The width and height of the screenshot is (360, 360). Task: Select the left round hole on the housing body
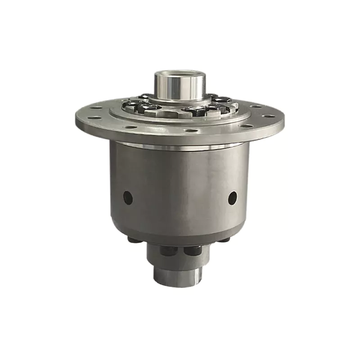pos(128,198)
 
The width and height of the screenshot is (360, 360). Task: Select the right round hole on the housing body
pos(232,198)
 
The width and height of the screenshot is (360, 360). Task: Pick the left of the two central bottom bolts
pos(170,251)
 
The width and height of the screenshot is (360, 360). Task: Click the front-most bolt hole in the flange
pos(192,131)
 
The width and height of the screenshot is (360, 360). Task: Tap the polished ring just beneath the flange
pos(180,146)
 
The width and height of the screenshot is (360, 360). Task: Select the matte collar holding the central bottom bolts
pos(180,256)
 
